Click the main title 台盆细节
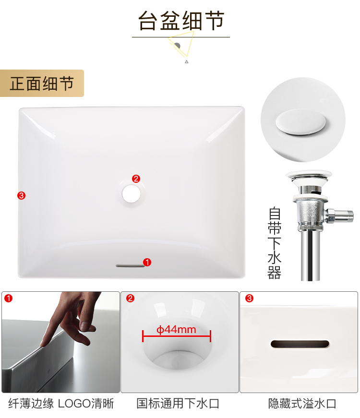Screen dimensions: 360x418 [181, 21]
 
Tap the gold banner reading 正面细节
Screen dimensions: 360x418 [42, 83]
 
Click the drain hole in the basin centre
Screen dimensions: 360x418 [132, 193]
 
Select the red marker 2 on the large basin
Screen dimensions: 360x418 [136, 179]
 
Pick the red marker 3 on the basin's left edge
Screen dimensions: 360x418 [21, 195]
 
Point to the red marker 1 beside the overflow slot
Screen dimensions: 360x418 [147, 262]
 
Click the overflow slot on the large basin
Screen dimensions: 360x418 [130, 265]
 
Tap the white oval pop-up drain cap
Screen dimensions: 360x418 [301, 122]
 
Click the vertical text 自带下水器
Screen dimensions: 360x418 [275, 242]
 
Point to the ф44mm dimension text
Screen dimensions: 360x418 [176, 330]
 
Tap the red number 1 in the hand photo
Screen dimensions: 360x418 [9, 298]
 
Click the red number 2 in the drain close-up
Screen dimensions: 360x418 [130, 298]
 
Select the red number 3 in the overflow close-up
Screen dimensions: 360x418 [249, 298]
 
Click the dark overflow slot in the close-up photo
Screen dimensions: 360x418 [300, 344]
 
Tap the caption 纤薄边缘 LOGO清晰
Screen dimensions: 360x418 [61, 404]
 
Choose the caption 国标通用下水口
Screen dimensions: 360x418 [178, 404]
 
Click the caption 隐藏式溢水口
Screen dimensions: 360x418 [302, 404]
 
